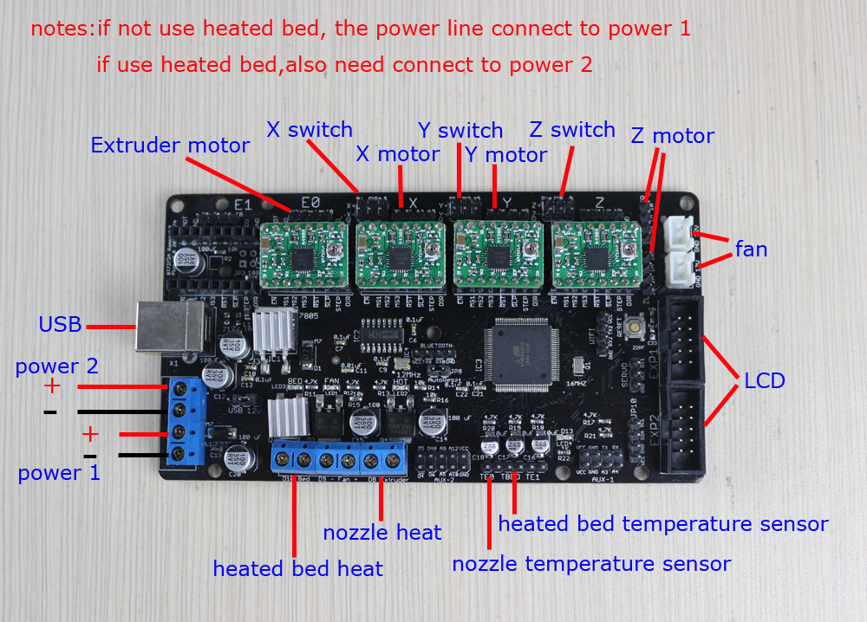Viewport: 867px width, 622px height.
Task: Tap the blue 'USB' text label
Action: click(x=60, y=326)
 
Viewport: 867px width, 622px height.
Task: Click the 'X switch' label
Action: click(x=310, y=130)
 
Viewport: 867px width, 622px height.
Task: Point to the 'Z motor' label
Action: click(x=672, y=136)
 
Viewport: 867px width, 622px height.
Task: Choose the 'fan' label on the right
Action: click(x=751, y=249)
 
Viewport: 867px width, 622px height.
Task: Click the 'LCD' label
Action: click(x=764, y=381)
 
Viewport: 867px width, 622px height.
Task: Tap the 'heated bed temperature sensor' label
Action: click(x=663, y=524)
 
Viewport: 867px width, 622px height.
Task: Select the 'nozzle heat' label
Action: click(x=382, y=533)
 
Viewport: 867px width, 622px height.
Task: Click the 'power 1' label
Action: click(x=59, y=473)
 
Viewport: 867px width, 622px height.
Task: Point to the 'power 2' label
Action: click(x=56, y=366)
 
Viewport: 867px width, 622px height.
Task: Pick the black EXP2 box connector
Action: click(x=684, y=428)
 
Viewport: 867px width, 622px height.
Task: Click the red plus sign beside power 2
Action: click(x=53, y=386)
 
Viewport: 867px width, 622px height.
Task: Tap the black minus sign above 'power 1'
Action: click(x=90, y=456)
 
